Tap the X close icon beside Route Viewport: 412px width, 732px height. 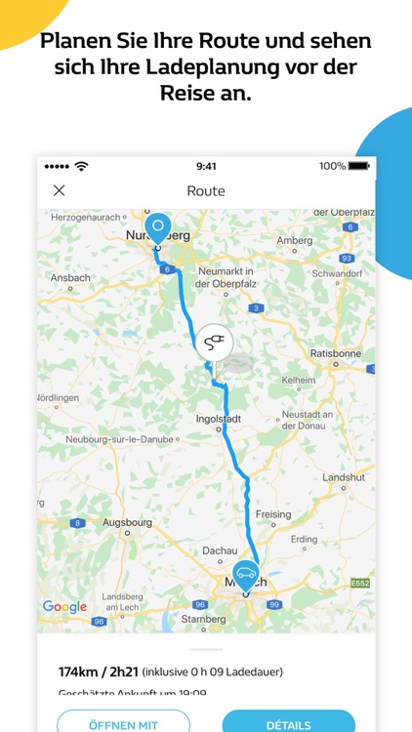tap(59, 190)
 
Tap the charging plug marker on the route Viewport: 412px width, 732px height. tap(213, 344)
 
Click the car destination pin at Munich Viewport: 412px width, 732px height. tap(245, 575)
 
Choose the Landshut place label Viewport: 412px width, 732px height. tap(344, 475)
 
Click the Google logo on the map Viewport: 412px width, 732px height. tap(64, 607)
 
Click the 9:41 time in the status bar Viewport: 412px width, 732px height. tap(206, 166)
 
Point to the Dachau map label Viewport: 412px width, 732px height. tap(219, 551)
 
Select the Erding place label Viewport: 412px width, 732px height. tap(304, 539)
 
